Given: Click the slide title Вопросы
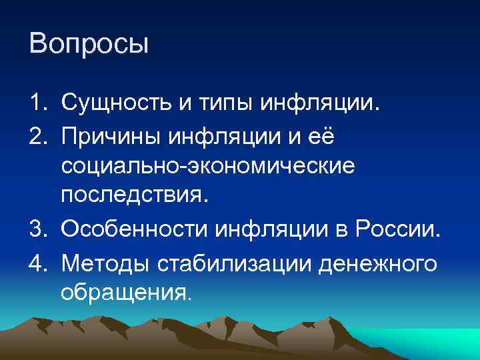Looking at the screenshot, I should pyautogui.click(x=89, y=45).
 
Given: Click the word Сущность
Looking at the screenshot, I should pyautogui.click(x=115, y=103).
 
